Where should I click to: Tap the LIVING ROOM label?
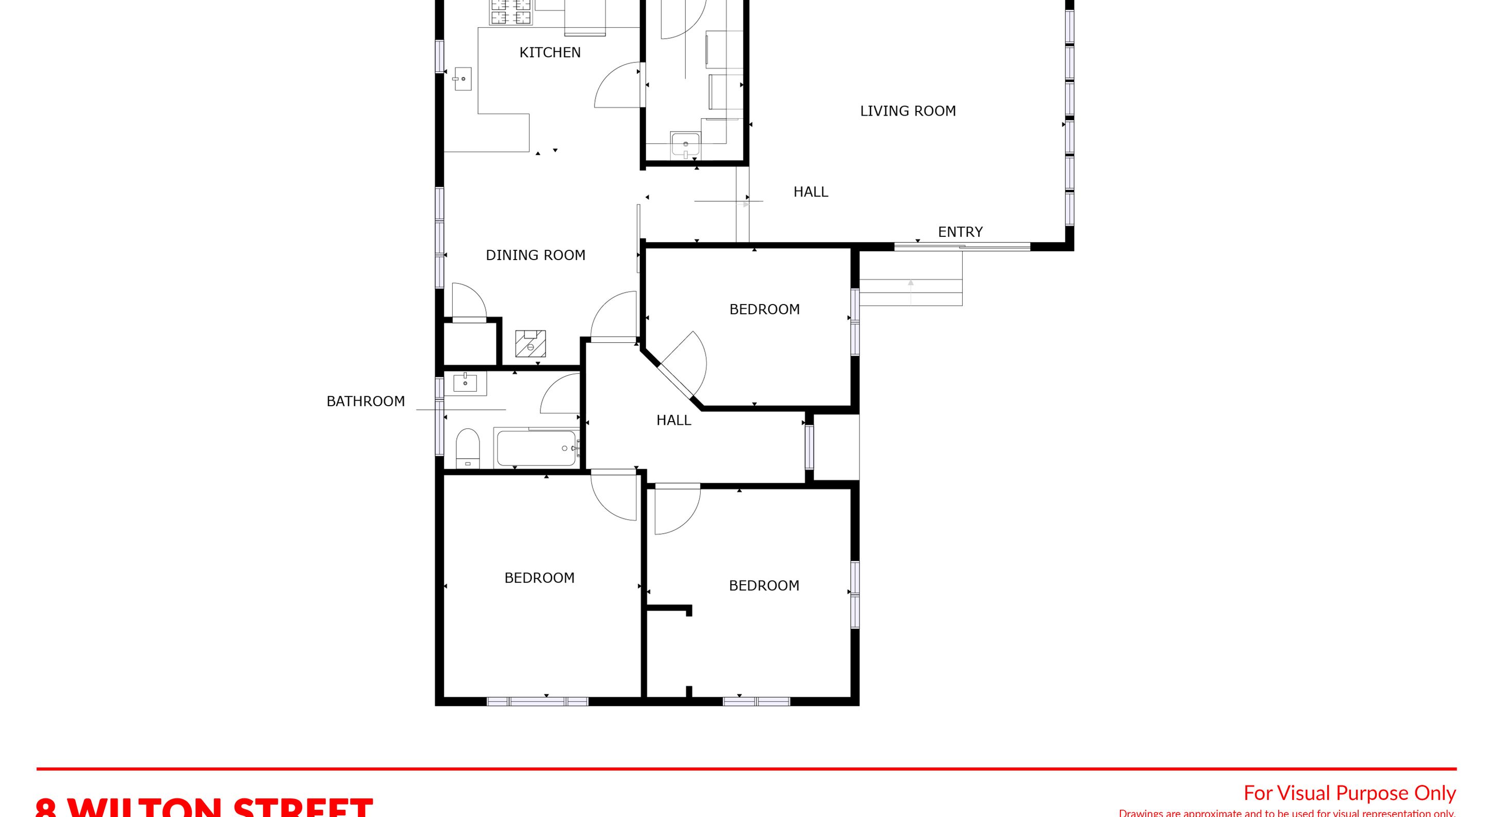point(907,111)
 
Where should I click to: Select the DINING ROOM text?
point(535,255)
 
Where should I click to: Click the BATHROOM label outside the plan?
point(366,401)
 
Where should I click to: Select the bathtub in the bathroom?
point(536,448)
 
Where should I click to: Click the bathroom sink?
point(465,382)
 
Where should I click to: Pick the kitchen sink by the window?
point(463,79)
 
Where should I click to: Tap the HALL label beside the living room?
point(811,191)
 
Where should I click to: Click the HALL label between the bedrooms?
point(673,420)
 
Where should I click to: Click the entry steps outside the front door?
point(911,292)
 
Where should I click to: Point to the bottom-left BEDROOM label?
point(539,578)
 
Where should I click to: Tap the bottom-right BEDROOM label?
point(764,586)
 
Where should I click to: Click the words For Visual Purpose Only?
point(1349,793)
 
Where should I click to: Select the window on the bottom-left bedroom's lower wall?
point(537,701)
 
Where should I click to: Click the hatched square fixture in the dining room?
point(531,343)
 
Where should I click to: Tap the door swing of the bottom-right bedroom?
point(675,511)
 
